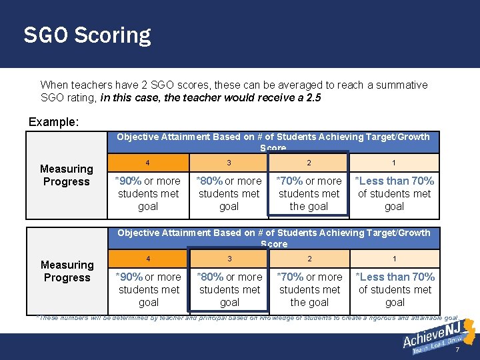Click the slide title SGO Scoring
[87, 35]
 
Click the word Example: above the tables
[53, 123]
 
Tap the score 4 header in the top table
[148, 162]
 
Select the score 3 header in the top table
[229, 162]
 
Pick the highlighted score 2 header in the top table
[309, 162]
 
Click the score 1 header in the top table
[394, 162]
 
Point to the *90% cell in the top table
[148, 193]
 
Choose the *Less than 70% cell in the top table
[394, 193]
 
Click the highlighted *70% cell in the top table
[309, 193]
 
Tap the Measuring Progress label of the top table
[66, 175]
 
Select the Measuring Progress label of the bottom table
[67, 271]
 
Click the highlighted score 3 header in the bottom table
[229, 258]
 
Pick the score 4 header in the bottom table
[149, 258]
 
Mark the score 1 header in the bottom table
[394, 258]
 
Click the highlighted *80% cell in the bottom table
[229, 289]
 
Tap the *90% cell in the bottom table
[149, 289]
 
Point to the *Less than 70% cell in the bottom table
[395, 289]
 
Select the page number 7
[457, 351]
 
